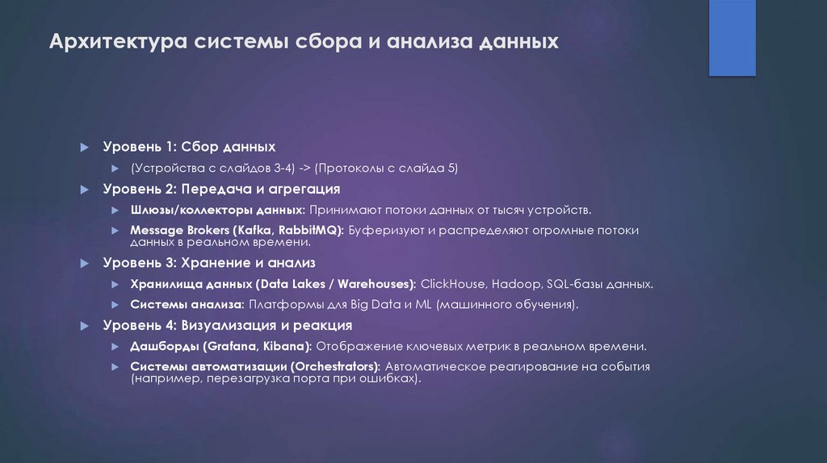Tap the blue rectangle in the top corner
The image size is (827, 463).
click(732, 37)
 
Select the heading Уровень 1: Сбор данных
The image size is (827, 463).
click(189, 147)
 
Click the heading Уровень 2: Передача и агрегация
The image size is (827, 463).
click(221, 189)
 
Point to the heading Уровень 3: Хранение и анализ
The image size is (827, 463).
click(208, 263)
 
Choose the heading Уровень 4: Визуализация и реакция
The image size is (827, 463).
click(227, 325)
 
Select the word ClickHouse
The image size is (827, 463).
click(453, 284)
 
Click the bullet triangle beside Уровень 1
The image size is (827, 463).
click(84, 148)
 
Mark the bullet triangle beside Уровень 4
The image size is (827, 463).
click(84, 326)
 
